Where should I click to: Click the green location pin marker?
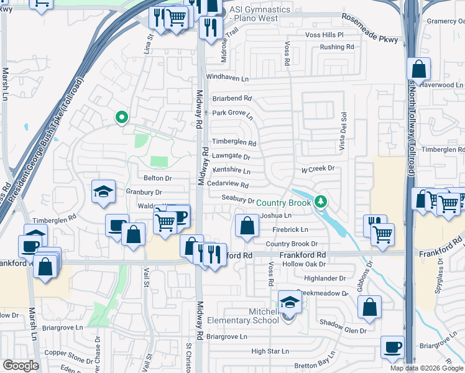(x=122, y=116)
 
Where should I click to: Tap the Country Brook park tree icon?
(x=320, y=202)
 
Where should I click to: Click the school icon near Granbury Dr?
(x=103, y=191)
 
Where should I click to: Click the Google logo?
(x=20, y=366)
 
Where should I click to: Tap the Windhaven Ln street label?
(x=227, y=79)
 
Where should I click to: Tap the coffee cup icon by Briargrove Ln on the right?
(x=392, y=347)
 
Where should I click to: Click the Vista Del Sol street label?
(x=343, y=129)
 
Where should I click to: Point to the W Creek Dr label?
(x=318, y=168)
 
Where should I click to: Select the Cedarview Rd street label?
(x=228, y=185)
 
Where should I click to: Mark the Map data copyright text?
(x=426, y=368)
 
